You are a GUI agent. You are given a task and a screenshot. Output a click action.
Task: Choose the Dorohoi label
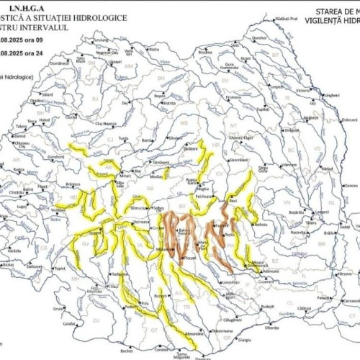click(x=259, y=37)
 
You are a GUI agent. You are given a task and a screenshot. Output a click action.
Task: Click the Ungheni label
click(x=330, y=95)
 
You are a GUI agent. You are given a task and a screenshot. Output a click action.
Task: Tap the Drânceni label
click(x=348, y=119)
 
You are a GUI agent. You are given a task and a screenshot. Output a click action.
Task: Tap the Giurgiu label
click(x=245, y=339)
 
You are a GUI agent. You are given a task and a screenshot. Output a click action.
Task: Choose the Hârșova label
click(x=344, y=274)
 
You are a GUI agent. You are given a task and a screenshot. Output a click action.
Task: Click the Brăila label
click(x=330, y=233)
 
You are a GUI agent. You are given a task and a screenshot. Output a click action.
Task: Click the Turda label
click(x=124, y=137)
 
